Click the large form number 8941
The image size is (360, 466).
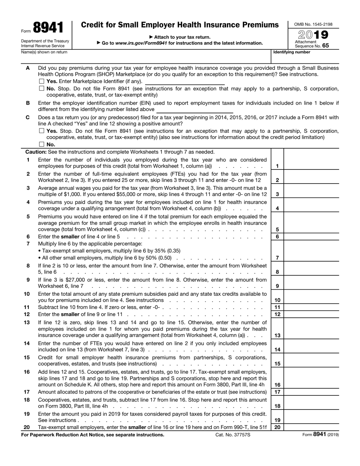48,28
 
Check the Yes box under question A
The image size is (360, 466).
42,81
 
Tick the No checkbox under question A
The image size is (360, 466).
42,88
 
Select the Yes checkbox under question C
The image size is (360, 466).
42,131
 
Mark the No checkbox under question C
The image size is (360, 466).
42,144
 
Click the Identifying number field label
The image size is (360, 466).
292,52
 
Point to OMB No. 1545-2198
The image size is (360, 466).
313,24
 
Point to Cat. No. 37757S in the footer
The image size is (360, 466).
233,435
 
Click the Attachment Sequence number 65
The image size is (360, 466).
326,45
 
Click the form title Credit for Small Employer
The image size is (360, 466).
180,25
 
